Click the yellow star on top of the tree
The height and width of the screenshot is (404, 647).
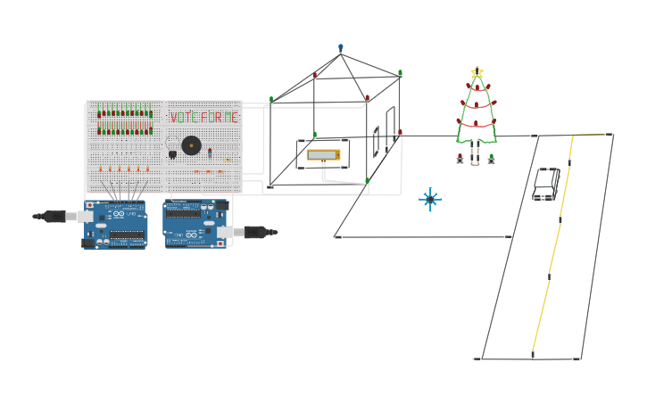pyautogui.click(x=477, y=72)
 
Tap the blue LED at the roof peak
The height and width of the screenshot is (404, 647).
pyautogui.click(x=340, y=47)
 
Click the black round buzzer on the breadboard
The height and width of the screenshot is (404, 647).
pyautogui.click(x=191, y=145)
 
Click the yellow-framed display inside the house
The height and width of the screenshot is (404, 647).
pyautogui.click(x=323, y=154)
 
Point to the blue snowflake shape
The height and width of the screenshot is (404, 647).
pyautogui.click(x=430, y=199)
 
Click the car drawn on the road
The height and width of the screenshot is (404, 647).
pyautogui.click(x=546, y=183)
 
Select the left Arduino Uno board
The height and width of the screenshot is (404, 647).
pyautogui.click(x=115, y=224)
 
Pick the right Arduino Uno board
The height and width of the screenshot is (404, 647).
pyautogui.click(x=195, y=223)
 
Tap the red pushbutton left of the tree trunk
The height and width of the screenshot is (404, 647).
pyautogui.click(x=460, y=159)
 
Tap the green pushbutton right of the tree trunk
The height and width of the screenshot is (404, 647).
pyautogui.click(x=491, y=159)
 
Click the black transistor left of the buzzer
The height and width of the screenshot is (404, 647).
pyautogui.click(x=172, y=153)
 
